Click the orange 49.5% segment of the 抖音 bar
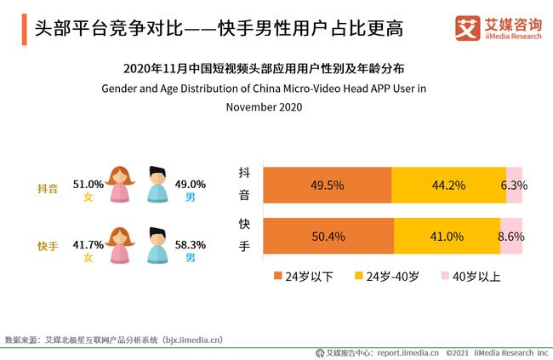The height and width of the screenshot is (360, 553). click(327, 185)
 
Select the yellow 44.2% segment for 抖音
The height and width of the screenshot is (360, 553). click(448, 185)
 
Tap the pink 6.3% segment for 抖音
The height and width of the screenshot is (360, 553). click(515, 185)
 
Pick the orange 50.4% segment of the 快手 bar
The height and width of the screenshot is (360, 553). click(328, 237)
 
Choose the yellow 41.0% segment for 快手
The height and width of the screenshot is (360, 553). click(447, 237)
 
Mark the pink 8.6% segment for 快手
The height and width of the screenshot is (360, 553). click(511, 237)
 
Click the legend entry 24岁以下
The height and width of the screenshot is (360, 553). click(298, 277)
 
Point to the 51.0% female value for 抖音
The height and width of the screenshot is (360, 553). click(88, 183)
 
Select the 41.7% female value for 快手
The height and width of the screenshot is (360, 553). click(88, 243)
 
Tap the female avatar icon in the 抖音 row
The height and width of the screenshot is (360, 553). click(119, 184)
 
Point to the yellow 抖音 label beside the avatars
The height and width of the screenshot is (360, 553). click(48, 189)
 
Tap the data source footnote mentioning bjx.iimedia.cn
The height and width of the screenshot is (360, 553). click(114, 340)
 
